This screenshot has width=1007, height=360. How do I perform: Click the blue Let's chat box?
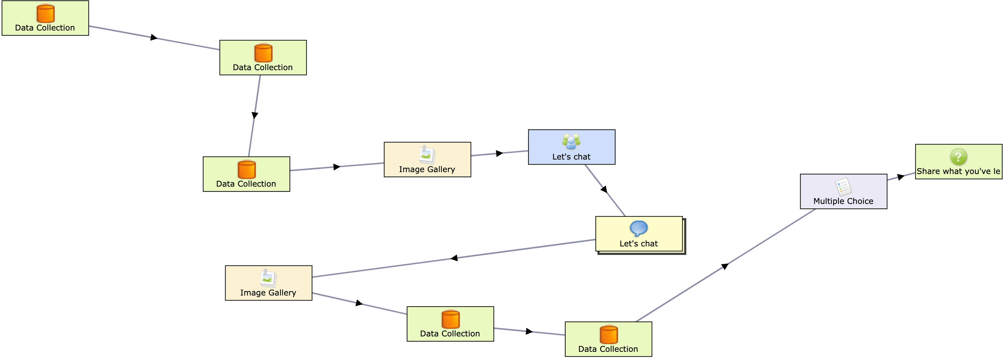point(571,147)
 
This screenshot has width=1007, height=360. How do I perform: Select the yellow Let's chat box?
point(639,234)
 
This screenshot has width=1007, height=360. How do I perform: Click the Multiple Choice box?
point(843,192)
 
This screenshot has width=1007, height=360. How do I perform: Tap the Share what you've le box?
point(959,162)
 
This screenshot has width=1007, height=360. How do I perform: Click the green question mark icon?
point(959,157)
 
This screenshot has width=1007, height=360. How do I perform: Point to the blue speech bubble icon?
point(639,228)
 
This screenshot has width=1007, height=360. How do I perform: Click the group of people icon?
point(571,142)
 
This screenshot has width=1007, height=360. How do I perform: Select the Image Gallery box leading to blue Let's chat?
point(427,160)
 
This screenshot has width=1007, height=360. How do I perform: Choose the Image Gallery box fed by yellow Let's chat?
point(268,283)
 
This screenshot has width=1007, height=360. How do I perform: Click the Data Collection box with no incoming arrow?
point(45,18)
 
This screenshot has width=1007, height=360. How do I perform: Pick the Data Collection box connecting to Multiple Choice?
point(608,339)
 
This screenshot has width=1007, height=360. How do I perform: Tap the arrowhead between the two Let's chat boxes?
point(604,189)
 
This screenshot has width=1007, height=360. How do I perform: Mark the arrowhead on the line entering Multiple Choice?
point(725,266)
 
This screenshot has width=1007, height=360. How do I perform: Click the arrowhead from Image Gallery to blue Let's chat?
point(499,153)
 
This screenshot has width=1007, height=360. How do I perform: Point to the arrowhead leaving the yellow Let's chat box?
point(454,258)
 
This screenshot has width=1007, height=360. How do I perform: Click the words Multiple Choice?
point(843,201)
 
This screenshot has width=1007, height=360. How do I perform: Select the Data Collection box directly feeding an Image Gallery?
point(246,174)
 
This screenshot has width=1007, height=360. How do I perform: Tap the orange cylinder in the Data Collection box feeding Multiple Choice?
point(609,335)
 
